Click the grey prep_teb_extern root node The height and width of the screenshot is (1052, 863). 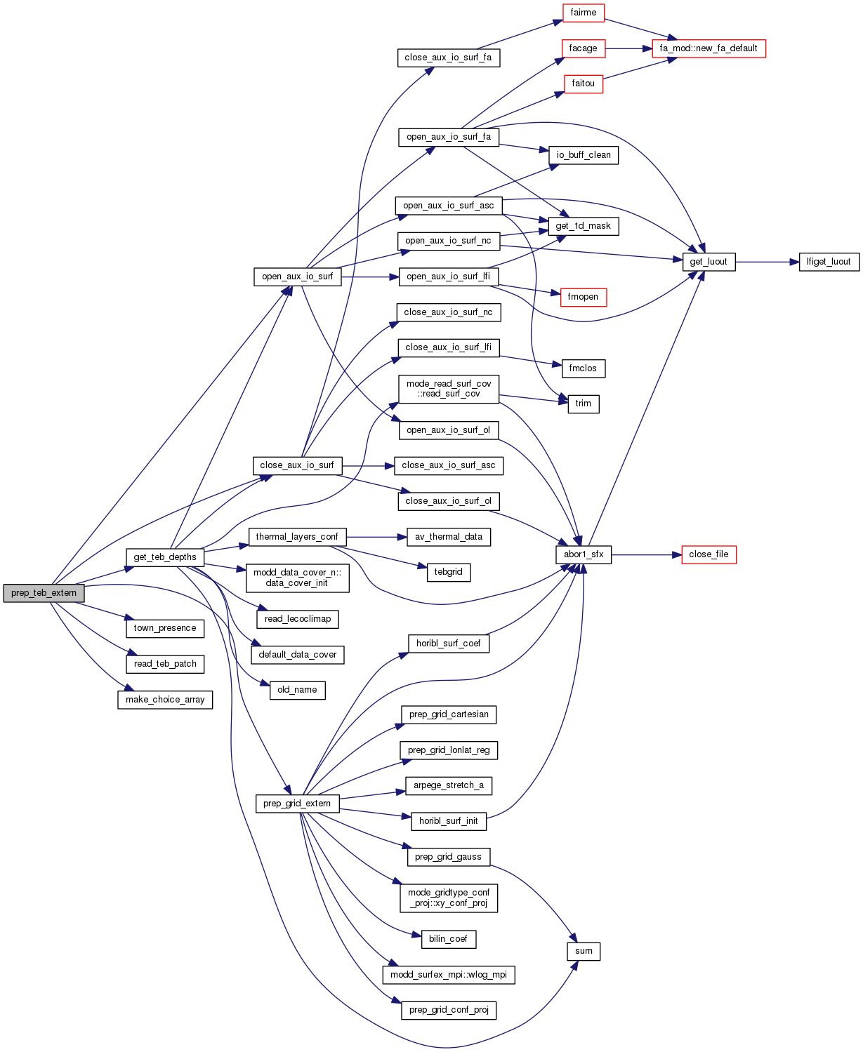click(x=44, y=593)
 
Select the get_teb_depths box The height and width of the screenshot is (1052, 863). click(x=165, y=557)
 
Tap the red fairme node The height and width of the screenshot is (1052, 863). click(x=583, y=13)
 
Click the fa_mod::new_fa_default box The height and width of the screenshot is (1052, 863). click(x=709, y=48)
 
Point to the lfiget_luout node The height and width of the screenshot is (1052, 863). click(x=829, y=262)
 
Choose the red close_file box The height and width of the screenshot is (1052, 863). click(x=709, y=554)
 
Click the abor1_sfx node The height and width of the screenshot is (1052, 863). click(x=584, y=554)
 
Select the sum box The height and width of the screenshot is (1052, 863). click(x=584, y=951)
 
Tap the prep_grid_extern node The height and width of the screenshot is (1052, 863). click(x=297, y=804)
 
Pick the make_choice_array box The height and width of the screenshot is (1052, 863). click(x=165, y=700)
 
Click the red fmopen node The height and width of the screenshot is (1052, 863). click(x=583, y=297)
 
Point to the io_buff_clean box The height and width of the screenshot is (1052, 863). click(x=584, y=155)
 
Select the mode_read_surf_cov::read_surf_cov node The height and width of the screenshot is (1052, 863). click(x=449, y=389)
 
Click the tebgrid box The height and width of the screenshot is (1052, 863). click(x=448, y=572)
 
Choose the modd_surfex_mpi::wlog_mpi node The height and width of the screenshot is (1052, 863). click(x=449, y=975)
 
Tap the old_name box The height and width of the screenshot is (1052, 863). click(x=297, y=690)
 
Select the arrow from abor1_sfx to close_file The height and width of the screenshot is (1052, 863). click(x=646, y=554)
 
